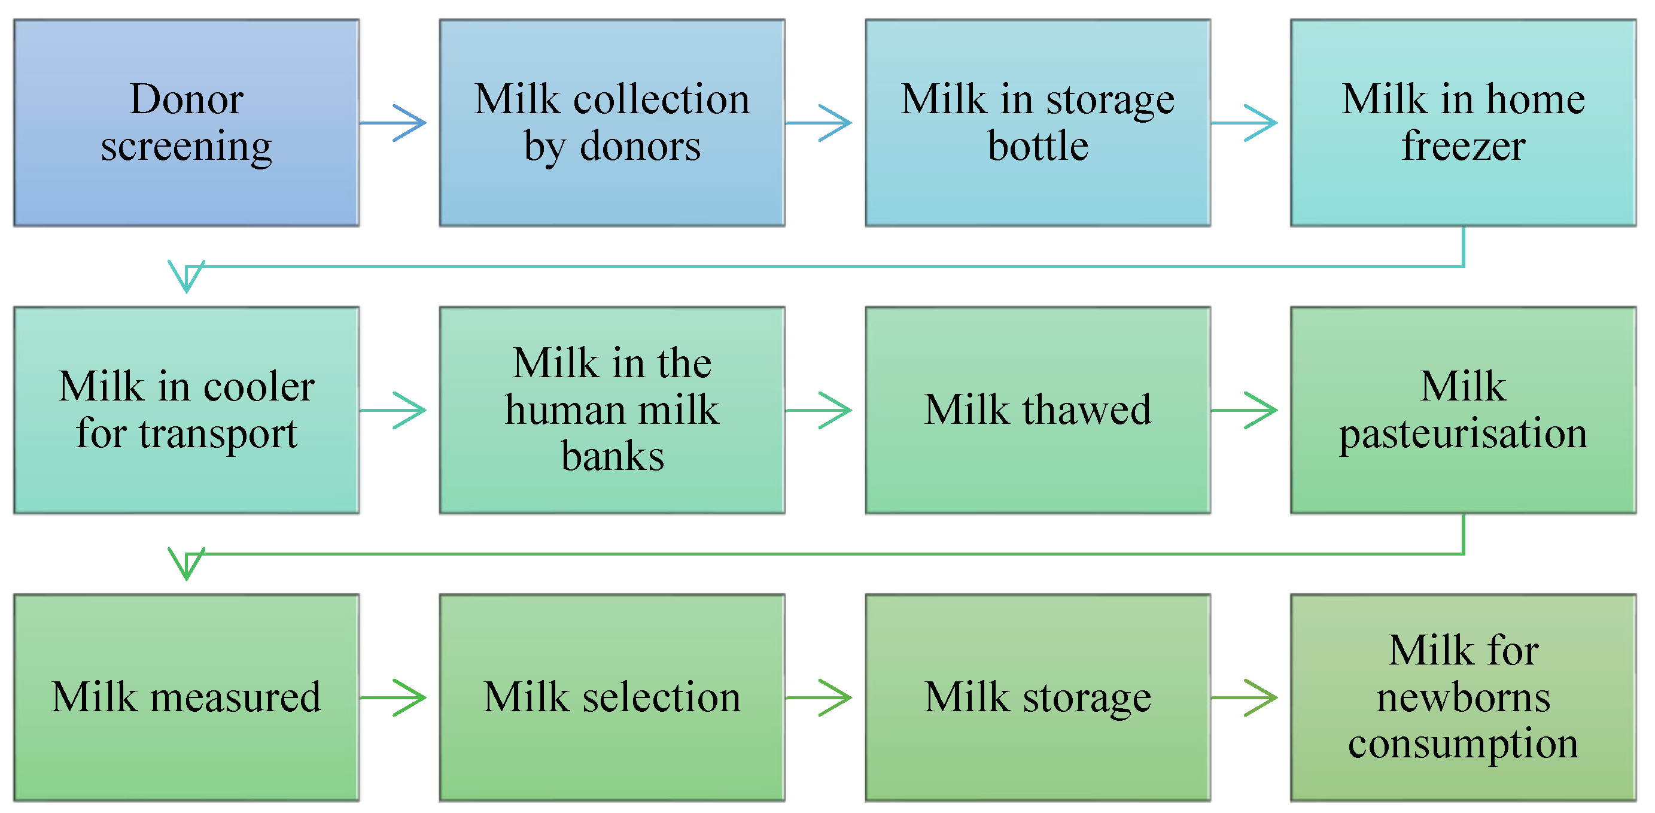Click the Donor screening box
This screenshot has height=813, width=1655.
186,122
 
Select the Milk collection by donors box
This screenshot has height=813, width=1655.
612,122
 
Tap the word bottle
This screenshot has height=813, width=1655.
1038,146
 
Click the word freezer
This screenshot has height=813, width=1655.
1463,146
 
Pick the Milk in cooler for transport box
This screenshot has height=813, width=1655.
186,409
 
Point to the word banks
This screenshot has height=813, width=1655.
612,456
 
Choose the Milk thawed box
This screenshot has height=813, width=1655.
1038,409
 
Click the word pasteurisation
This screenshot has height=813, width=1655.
1463,433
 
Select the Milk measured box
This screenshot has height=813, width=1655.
186,697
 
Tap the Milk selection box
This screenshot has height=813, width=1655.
612,697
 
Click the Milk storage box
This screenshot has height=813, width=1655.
1038,697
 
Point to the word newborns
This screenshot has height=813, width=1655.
1463,697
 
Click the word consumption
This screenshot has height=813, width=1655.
1463,744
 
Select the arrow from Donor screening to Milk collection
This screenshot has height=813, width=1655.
393,122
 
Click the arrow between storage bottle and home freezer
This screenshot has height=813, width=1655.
1244,122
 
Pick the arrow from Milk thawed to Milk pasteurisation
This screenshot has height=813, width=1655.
1244,409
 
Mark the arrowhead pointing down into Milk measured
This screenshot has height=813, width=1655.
186,563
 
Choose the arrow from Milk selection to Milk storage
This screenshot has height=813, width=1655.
819,697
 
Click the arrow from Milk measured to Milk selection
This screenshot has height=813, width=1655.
393,697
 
